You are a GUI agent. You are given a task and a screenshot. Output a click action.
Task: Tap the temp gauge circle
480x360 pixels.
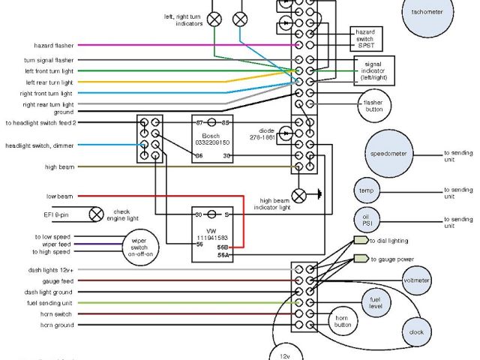point(366,190)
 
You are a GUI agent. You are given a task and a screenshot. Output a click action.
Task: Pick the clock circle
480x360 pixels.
point(417,331)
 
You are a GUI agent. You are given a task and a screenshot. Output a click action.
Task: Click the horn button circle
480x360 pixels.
point(343,320)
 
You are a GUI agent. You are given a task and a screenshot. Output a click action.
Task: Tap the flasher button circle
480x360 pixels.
point(373,105)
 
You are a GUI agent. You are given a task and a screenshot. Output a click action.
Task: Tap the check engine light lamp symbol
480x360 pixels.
point(96,214)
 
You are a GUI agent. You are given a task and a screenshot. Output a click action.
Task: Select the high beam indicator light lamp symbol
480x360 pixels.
point(299,196)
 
